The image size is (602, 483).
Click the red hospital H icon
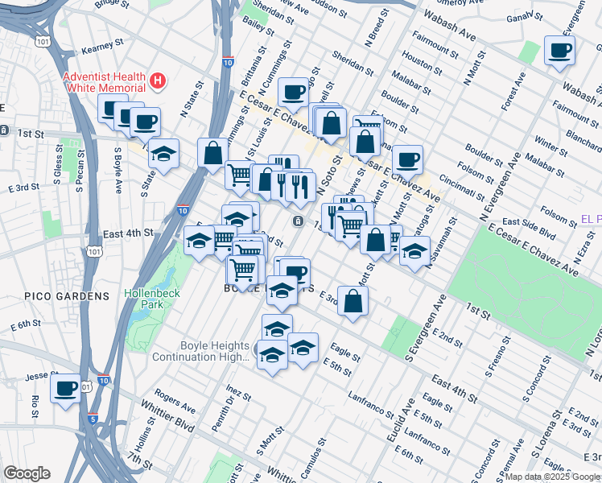(159, 81)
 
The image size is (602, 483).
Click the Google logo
(27, 473)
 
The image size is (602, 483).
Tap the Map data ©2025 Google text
(553, 476)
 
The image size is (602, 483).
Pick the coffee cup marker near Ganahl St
(559, 51)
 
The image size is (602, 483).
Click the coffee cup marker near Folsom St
(407, 159)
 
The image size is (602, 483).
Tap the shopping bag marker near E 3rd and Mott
(353, 301)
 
